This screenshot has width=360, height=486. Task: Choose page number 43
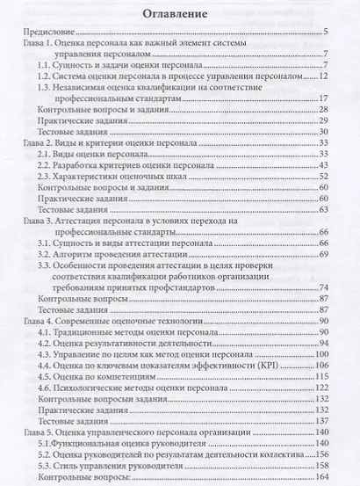[323, 163]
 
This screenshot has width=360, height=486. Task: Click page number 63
[323, 211]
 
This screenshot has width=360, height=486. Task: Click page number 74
[323, 287]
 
